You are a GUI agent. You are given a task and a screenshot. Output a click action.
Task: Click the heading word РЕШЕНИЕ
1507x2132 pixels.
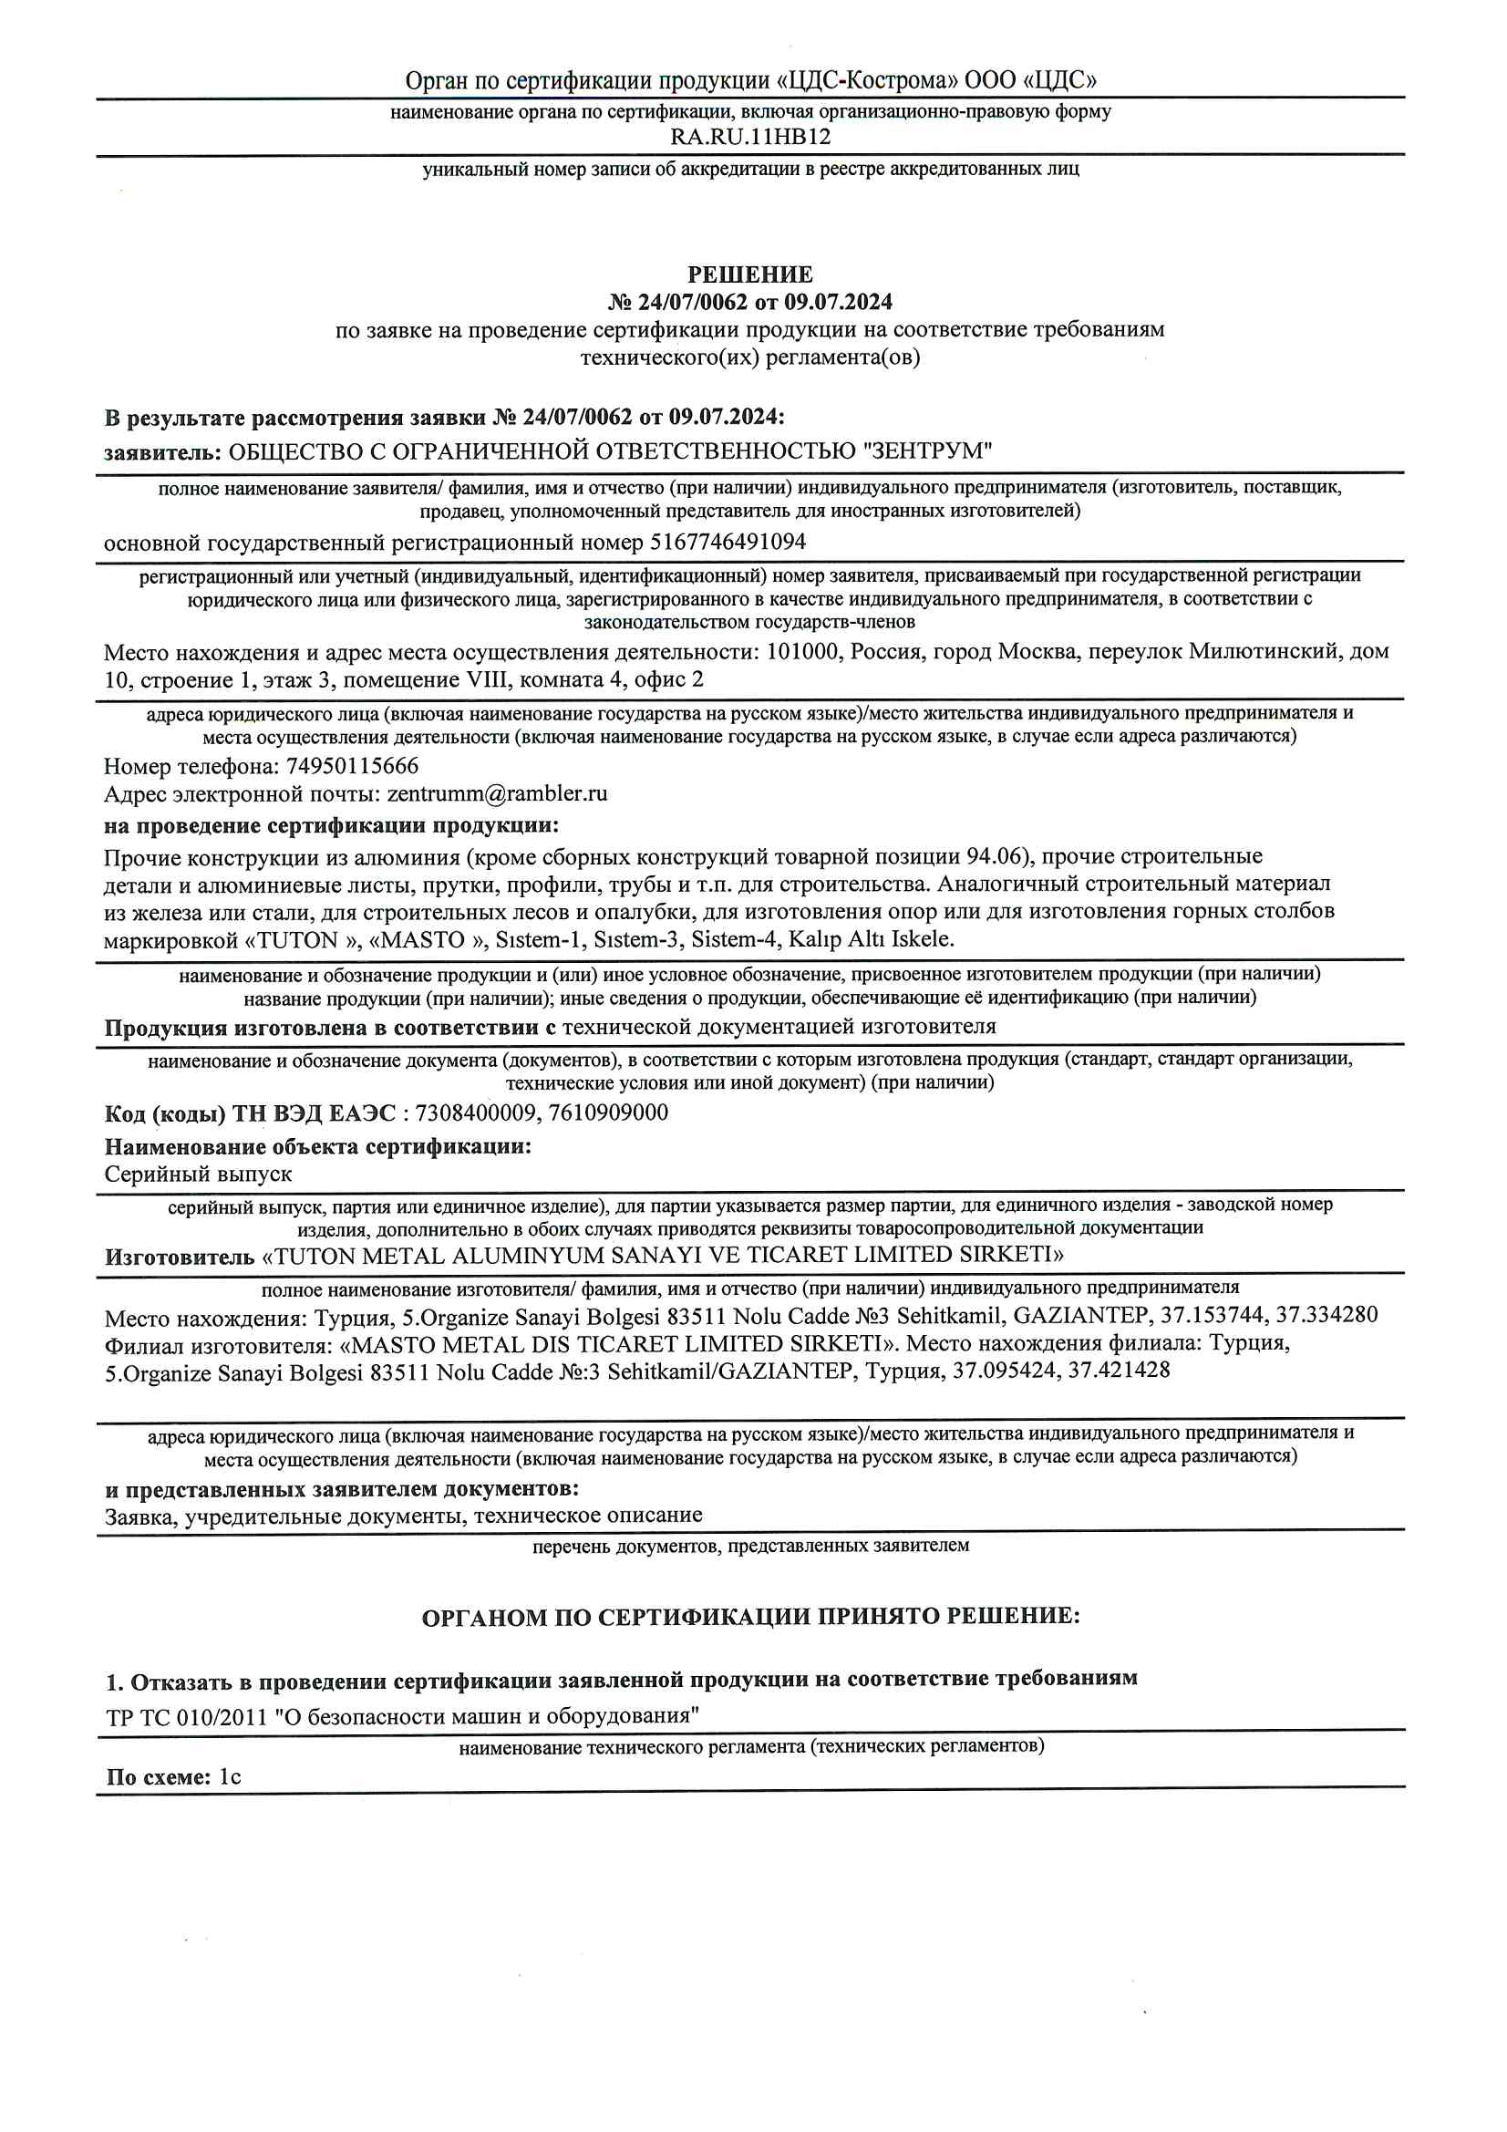pos(750,274)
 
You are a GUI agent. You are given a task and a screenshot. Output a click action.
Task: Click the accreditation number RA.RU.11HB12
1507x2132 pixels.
pos(750,138)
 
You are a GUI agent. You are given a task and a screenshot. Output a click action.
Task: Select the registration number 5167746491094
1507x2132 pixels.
pos(728,543)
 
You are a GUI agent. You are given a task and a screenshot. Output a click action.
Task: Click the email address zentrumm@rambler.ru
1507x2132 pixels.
pos(497,795)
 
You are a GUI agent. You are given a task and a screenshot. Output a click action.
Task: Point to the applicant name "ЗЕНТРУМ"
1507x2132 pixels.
pos(927,452)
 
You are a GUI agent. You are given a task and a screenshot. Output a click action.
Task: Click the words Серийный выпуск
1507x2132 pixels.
pos(198,1175)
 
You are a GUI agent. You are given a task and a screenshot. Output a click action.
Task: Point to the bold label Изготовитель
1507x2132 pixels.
pos(180,1258)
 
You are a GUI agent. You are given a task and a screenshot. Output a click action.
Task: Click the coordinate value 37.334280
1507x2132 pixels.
pos(1326,1316)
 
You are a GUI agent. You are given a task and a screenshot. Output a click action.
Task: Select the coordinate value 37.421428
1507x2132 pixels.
pos(1119,1371)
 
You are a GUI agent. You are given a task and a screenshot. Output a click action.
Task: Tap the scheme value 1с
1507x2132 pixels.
pos(230,1777)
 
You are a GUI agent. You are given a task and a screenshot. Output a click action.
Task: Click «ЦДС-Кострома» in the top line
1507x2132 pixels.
pos(867,81)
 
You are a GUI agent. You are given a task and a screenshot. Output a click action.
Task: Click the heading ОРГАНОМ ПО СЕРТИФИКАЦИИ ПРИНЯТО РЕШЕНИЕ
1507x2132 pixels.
pos(750,1618)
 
